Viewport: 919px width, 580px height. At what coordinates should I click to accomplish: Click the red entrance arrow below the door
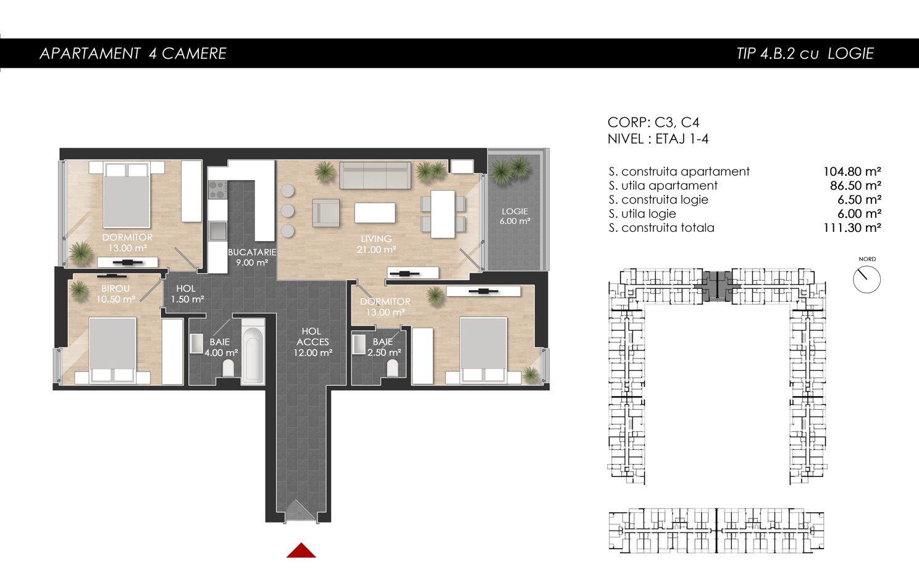click(301, 550)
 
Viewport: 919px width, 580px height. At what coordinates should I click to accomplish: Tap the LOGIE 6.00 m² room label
click(515, 216)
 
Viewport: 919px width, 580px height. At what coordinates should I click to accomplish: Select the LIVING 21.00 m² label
click(376, 244)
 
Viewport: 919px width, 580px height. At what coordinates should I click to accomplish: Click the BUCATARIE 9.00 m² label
click(252, 257)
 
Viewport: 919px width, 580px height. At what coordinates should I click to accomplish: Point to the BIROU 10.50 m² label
click(115, 294)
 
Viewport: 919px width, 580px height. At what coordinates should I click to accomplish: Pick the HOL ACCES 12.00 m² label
click(313, 342)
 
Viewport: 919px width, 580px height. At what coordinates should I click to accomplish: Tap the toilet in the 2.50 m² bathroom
click(393, 368)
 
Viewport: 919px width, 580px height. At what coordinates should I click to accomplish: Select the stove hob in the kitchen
click(217, 190)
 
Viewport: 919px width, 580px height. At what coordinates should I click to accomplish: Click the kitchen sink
click(217, 231)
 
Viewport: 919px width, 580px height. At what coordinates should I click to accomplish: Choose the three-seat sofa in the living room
click(375, 175)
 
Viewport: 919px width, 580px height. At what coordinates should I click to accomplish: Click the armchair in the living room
click(325, 213)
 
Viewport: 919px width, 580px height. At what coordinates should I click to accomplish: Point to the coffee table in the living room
click(375, 213)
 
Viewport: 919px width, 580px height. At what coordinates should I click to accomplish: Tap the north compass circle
click(867, 280)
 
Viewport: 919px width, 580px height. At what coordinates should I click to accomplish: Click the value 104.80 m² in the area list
click(852, 171)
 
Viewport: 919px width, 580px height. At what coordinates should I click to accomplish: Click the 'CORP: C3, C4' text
click(653, 122)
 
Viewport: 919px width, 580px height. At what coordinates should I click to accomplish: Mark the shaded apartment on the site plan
click(717, 287)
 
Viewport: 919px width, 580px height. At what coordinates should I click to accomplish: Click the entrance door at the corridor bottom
click(300, 512)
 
